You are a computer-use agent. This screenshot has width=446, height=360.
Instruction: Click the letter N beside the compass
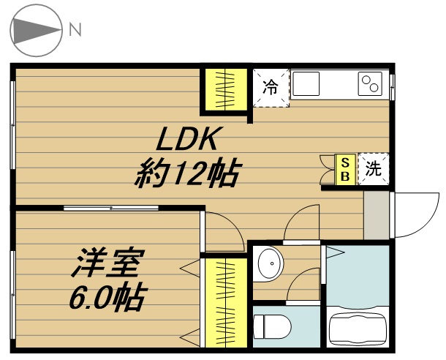click(75, 29)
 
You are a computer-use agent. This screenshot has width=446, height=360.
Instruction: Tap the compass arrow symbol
click(36, 29)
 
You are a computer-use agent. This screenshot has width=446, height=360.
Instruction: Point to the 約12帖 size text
click(188, 173)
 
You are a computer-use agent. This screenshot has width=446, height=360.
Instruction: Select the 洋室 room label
click(108, 263)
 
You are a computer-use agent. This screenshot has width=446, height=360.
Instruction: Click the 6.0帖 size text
click(108, 296)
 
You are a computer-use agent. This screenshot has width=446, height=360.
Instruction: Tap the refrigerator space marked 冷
click(271, 88)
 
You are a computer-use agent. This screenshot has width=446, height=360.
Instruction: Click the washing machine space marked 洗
click(374, 169)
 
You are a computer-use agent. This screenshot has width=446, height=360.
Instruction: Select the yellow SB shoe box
click(345, 170)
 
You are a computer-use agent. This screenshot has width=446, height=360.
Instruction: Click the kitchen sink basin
click(306, 83)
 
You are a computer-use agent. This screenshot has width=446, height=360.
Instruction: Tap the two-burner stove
click(370, 83)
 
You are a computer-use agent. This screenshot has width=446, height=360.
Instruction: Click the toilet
click(272, 326)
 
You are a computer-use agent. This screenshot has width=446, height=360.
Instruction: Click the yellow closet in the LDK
click(226, 89)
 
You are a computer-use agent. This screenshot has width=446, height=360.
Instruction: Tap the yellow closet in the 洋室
click(226, 303)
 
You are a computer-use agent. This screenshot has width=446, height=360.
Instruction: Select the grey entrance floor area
click(377, 215)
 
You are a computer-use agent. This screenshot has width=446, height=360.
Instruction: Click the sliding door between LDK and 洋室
click(111, 208)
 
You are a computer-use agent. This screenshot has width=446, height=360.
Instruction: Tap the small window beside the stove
click(392, 87)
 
